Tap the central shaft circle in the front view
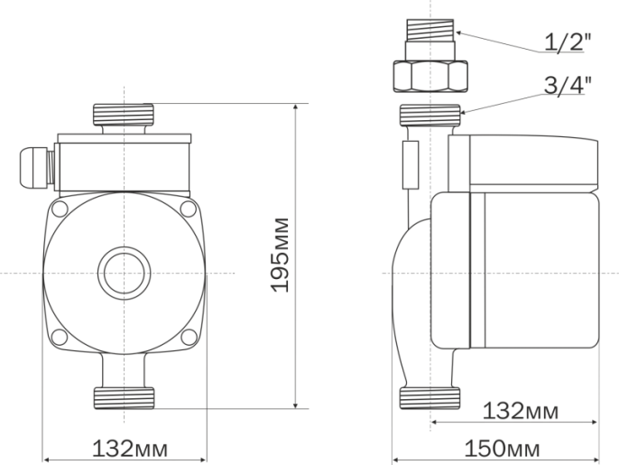124,273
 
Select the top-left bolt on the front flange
60,209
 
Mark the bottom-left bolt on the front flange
60,337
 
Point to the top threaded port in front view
124,115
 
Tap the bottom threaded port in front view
124,396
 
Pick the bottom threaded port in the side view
430,396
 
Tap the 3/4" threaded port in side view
430,115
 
